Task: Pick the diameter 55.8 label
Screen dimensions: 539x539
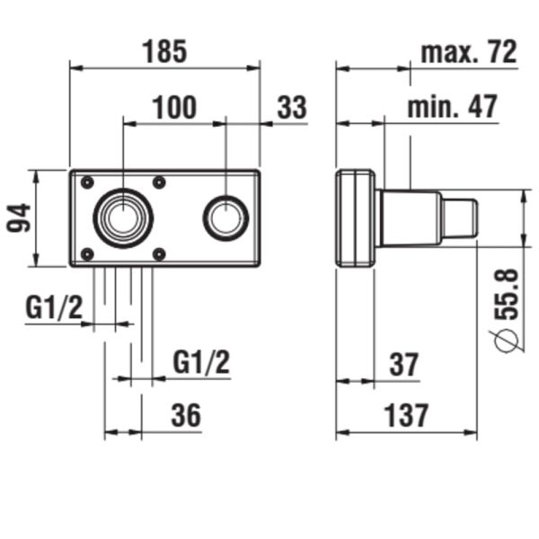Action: (508, 310)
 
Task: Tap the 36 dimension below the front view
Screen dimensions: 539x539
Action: (186, 415)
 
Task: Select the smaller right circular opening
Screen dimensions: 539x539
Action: (225, 217)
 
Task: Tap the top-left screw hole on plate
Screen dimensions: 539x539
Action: (87, 183)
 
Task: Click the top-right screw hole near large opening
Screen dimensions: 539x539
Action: (159, 183)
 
